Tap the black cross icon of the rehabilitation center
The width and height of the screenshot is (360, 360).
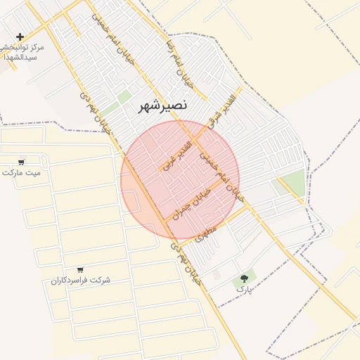(x=20, y=37)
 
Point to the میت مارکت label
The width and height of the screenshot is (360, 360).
(x=21, y=172)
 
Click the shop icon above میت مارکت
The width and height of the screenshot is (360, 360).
(x=21, y=161)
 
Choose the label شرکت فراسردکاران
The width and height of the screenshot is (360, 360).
(x=80, y=280)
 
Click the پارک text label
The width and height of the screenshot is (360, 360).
(x=243, y=288)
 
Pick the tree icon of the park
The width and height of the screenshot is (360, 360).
(x=244, y=278)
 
